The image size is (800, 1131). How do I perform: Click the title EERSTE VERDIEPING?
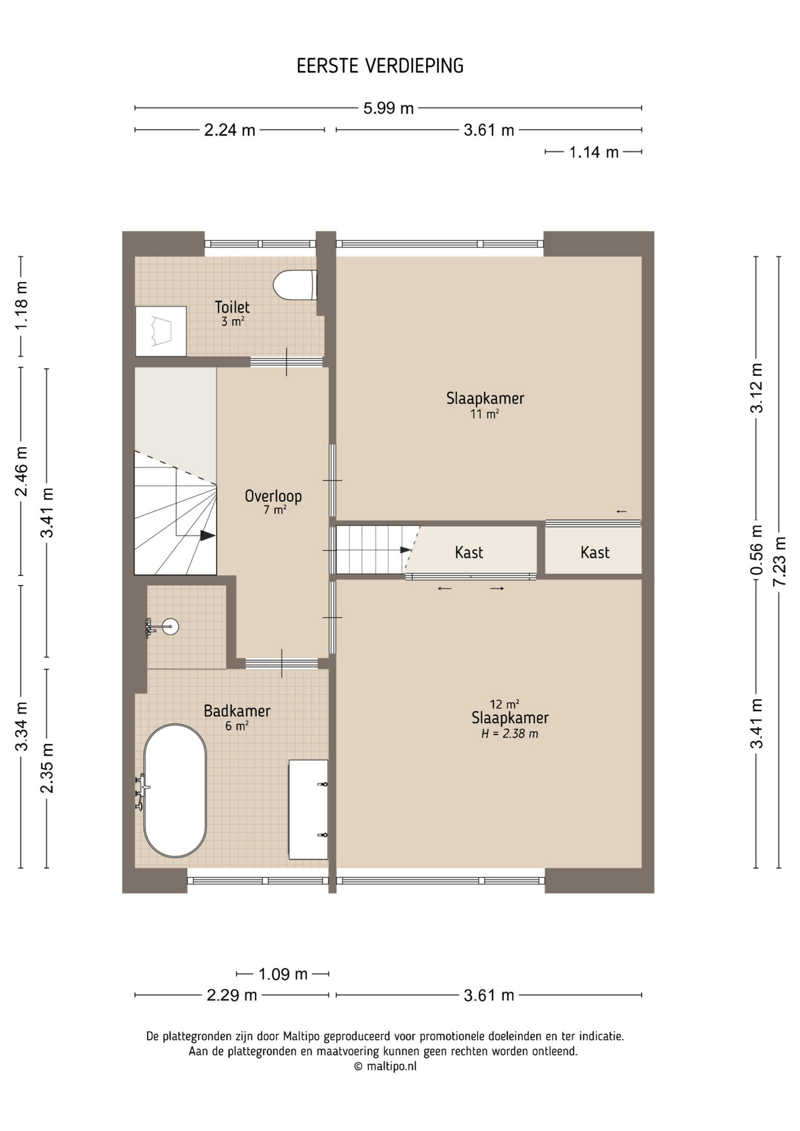[380, 66]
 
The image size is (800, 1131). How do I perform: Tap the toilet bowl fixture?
[295, 285]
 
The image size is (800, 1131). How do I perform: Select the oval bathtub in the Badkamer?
[175, 791]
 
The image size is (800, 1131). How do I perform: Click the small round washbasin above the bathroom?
[170, 626]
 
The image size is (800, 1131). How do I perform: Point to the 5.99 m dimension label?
[388, 108]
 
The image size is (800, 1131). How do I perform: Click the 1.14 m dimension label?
[594, 153]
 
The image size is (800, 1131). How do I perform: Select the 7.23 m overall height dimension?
[779, 561]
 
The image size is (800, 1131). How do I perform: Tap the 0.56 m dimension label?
[756, 550]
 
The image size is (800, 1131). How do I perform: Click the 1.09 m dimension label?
[283, 974]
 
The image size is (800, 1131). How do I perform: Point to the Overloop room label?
[273, 496]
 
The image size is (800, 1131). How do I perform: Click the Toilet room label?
[232, 307]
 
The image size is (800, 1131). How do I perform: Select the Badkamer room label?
[237, 711]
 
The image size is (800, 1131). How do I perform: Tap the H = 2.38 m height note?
[510, 734]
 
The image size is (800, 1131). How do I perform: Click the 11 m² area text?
[484, 414]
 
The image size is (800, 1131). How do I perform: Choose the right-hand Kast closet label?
[594, 553]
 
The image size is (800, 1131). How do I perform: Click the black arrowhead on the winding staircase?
[207, 535]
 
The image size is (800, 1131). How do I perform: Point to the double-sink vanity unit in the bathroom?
[308, 809]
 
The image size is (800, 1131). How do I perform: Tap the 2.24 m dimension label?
[230, 130]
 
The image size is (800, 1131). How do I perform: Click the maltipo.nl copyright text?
[385, 1066]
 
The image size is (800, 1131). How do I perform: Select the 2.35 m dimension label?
[47, 768]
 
